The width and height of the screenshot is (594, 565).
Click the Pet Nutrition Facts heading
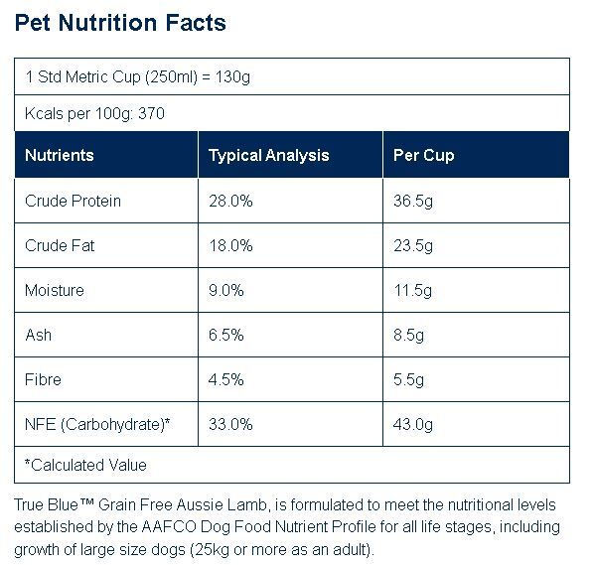pyautogui.click(x=120, y=23)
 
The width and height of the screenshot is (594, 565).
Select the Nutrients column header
pyautogui.click(x=60, y=155)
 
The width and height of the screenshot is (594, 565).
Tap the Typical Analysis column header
pyautogui.click(x=268, y=155)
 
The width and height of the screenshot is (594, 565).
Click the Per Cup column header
pyautogui.click(x=423, y=155)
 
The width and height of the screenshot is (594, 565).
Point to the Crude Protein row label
pyautogui.click(x=73, y=201)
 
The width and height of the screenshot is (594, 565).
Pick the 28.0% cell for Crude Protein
pyautogui.click(x=230, y=201)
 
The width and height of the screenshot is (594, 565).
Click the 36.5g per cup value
pyautogui.click(x=413, y=201)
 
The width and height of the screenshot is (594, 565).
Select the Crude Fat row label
pyautogui.click(x=60, y=245)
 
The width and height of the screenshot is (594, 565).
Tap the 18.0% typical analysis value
pyautogui.click(x=230, y=245)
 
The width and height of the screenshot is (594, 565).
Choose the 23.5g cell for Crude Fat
pyautogui.click(x=413, y=245)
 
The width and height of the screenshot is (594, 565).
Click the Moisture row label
pyautogui.click(x=55, y=290)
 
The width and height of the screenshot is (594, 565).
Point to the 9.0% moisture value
pyautogui.click(x=225, y=290)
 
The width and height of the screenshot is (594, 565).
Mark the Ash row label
pyautogui.click(x=38, y=335)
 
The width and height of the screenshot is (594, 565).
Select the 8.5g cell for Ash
pyautogui.click(x=408, y=335)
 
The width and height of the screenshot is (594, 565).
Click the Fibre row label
pyautogui.click(x=43, y=379)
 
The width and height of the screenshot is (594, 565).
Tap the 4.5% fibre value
pyautogui.click(x=225, y=379)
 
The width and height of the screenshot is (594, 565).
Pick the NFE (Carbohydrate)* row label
pyautogui.click(x=97, y=424)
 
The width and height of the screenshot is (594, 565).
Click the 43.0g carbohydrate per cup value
pyautogui.click(x=413, y=424)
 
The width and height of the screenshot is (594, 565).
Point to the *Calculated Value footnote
pyautogui.click(x=85, y=465)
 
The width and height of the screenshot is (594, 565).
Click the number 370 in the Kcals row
pyautogui.click(x=151, y=113)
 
